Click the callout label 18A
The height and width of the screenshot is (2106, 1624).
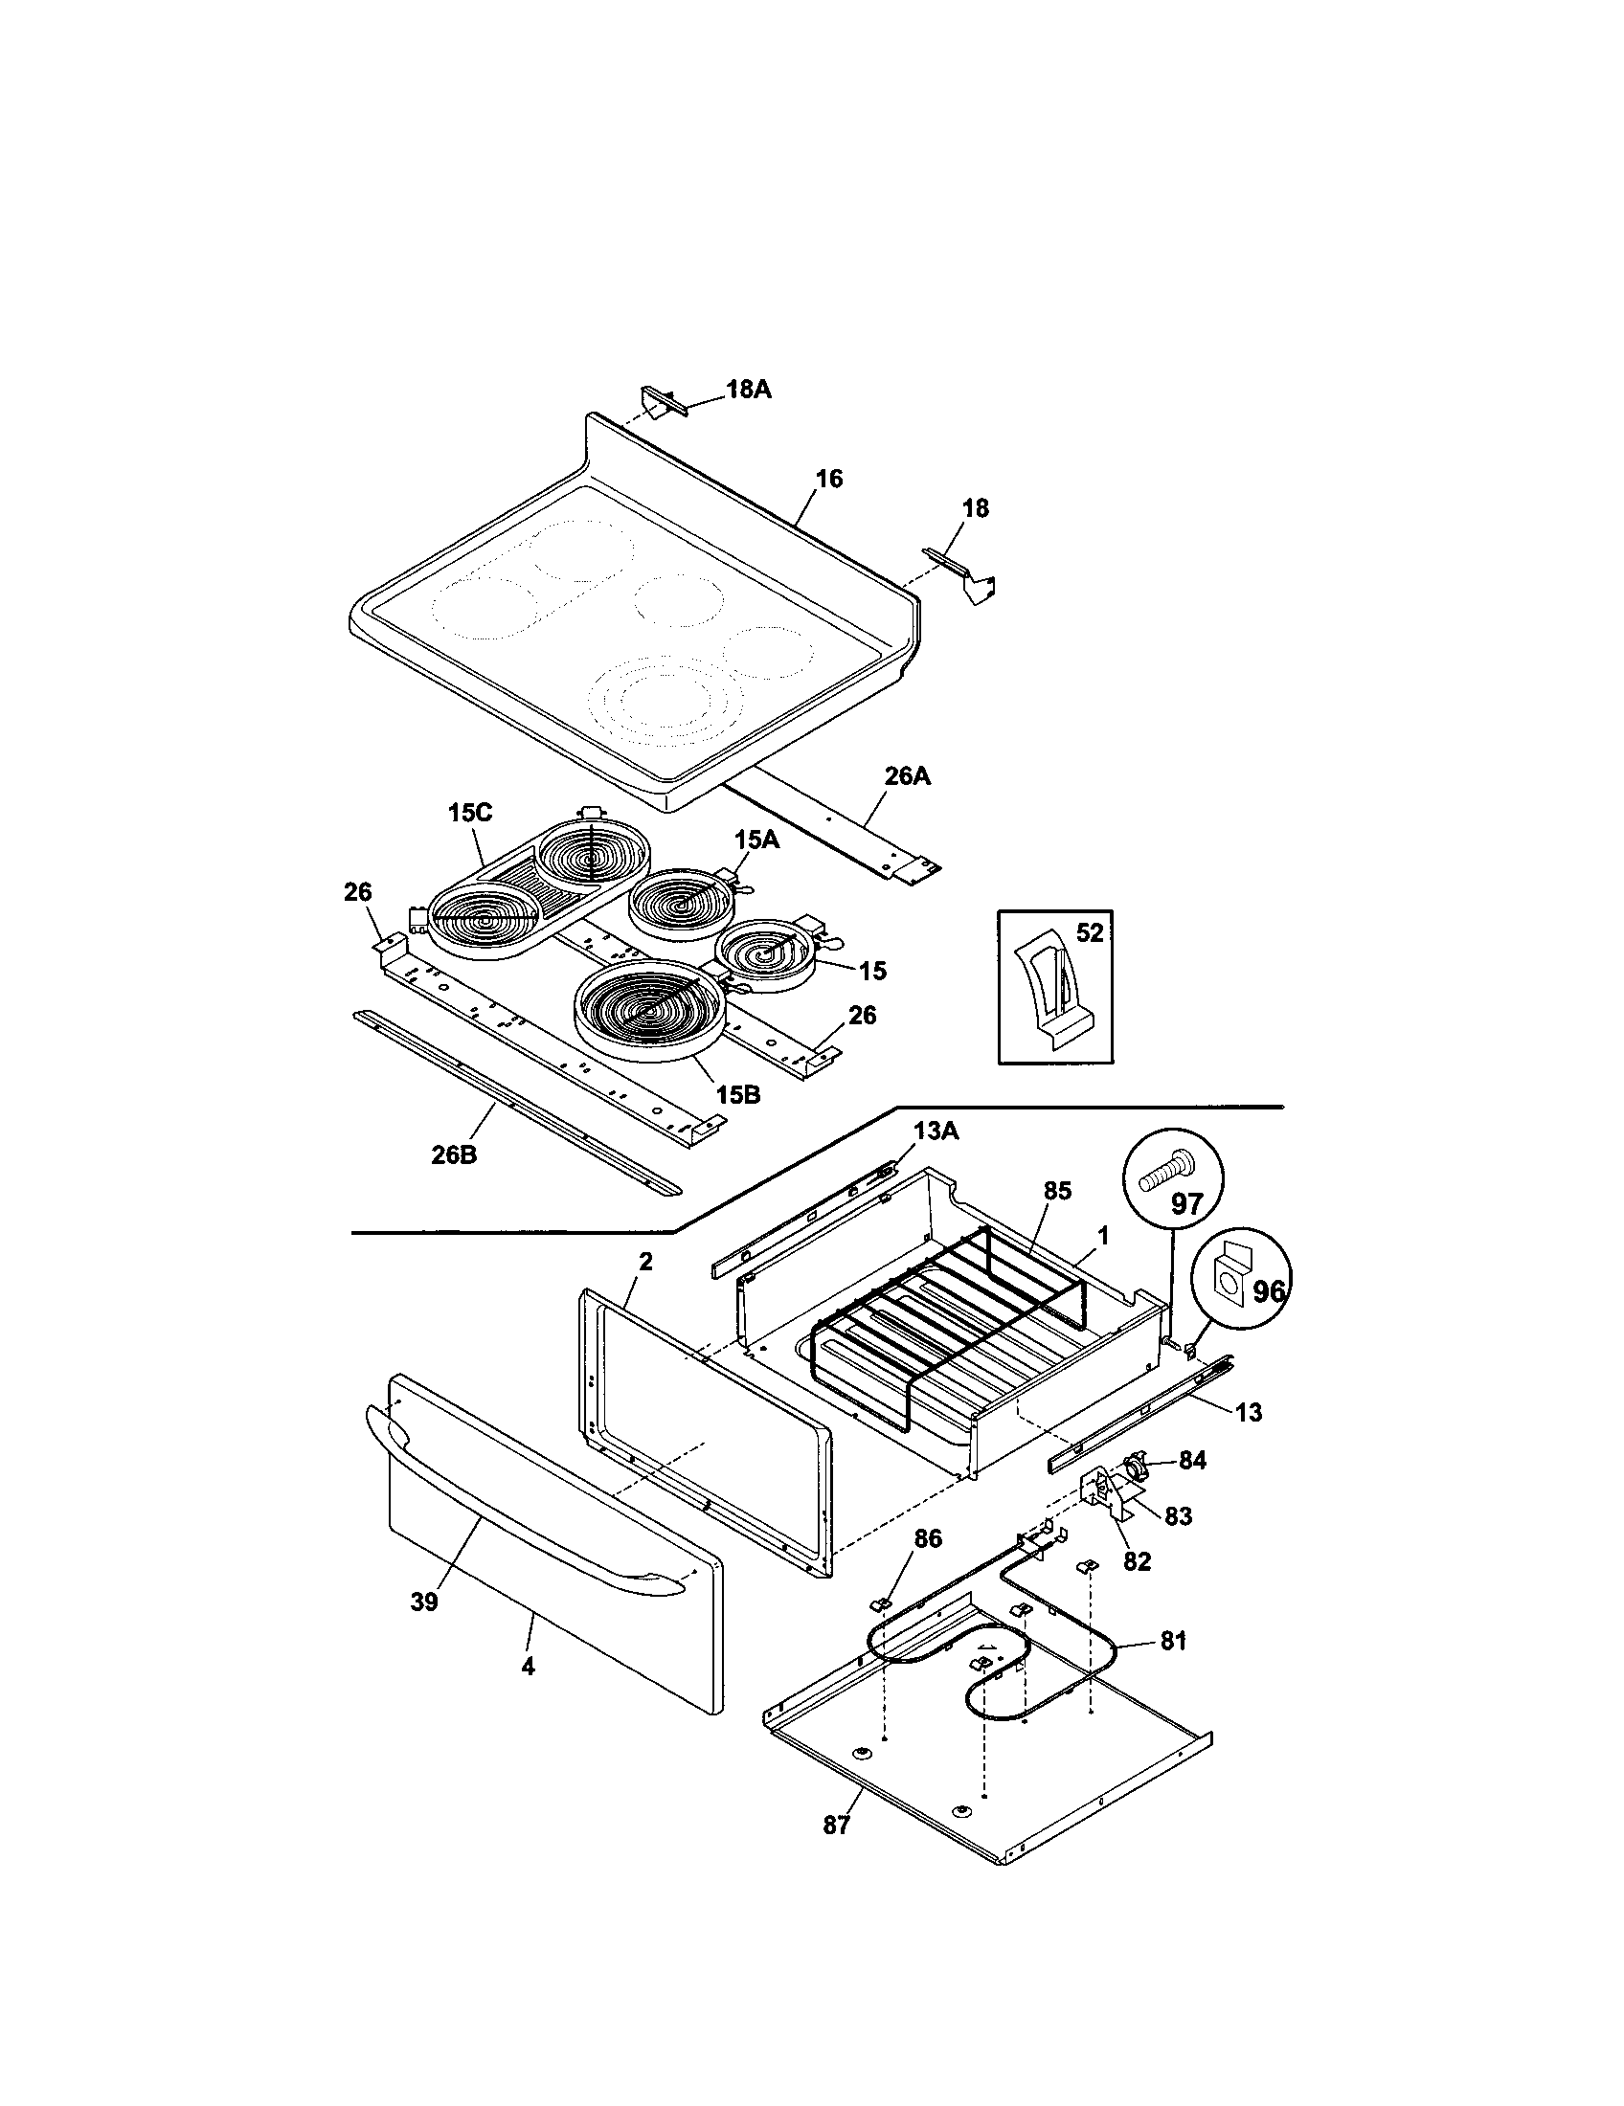click(749, 390)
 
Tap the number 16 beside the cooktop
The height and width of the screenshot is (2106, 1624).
click(828, 479)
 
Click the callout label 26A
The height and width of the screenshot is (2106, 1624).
click(908, 775)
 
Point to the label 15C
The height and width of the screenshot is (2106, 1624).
click(469, 813)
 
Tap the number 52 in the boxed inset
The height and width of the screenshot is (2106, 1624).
click(1089, 933)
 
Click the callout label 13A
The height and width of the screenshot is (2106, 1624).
click(936, 1132)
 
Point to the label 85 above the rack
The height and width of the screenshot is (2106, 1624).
click(1057, 1191)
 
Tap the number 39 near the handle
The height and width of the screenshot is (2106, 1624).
click(424, 1602)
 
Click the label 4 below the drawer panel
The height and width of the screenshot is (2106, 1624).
click(528, 1667)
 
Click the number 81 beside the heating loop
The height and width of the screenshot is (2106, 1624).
click(1173, 1640)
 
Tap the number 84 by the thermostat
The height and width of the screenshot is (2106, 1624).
click(1192, 1461)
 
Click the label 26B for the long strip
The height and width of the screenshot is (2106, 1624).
click(453, 1154)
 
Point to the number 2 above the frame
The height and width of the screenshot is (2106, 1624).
click(645, 1262)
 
